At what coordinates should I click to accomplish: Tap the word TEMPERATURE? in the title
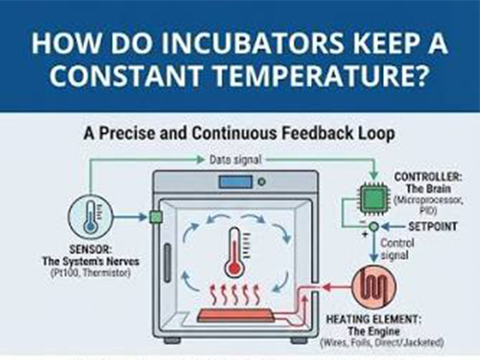(319, 75)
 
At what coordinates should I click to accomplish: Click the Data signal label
(235, 160)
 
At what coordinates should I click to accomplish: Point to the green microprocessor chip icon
(374, 198)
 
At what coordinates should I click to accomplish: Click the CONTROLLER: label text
(428, 177)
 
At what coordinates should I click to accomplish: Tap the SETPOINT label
(433, 227)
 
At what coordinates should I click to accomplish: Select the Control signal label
(398, 249)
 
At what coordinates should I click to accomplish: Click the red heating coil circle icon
(374, 286)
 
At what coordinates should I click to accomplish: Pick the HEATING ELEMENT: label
(374, 319)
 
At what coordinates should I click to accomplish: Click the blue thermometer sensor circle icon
(90, 217)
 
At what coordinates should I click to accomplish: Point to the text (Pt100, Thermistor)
(90, 272)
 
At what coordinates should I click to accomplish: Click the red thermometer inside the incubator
(234, 252)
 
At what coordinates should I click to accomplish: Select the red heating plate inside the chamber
(235, 315)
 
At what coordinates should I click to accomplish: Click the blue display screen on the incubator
(235, 182)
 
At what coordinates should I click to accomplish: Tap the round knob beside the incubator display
(261, 182)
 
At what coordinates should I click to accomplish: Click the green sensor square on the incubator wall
(156, 217)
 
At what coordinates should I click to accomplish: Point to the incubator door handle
(167, 262)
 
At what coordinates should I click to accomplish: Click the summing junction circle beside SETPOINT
(374, 227)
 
